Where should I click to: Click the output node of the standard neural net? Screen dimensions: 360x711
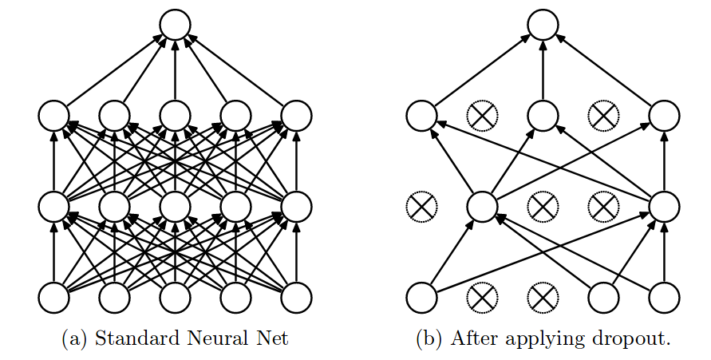pyautogui.click(x=175, y=25)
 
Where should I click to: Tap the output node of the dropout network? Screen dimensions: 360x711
pyautogui.click(x=543, y=25)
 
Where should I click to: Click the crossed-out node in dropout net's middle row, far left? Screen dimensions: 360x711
pyautogui.click(x=421, y=207)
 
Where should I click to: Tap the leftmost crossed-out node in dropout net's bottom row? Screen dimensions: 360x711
pyautogui.click(x=481, y=298)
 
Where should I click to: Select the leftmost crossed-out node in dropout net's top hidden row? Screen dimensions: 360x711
pyautogui.click(x=481, y=117)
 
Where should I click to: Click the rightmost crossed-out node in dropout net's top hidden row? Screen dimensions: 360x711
pyautogui.click(x=603, y=117)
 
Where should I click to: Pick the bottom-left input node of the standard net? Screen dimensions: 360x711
pyautogui.click(x=53, y=298)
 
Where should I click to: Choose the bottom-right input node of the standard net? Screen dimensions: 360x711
pyautogui.click(x=296, y=298)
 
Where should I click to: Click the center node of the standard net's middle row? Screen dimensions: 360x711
pyautogui.click(x=175, y=207)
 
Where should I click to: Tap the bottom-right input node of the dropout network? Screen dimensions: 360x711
pyautogui.click(x=664, y=298)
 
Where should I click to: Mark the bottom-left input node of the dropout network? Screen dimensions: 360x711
pyautogui.click(x=421, y=298)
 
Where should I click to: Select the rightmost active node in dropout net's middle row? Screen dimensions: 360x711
pyautogui.click(x=664, y=207)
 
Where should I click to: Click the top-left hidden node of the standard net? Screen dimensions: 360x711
pyautogui.click(x=53, y=117)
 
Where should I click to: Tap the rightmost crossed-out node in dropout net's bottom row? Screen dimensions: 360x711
pyautogui.click(x=543, y=298)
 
